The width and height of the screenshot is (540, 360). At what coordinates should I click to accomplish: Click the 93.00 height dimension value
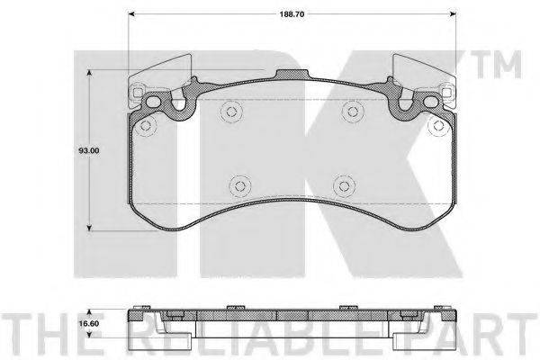click(x=89, y=150)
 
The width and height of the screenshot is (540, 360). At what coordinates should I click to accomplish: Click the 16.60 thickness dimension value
click(x=89, y=324)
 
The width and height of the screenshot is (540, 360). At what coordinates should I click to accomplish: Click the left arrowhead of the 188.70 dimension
click(x=131, y=14)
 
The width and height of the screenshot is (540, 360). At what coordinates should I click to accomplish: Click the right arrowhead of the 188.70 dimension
click(x=453, y=14)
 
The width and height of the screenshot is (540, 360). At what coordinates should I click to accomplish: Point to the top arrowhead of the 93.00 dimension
click(x=89, y=73)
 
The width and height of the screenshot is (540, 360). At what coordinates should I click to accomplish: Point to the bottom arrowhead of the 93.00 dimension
click(x=89, y=228)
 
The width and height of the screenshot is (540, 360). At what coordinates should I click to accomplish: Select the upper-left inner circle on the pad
click(x=230, y=112)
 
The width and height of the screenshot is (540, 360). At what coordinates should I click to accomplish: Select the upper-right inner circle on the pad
click(x=352, y=112)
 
